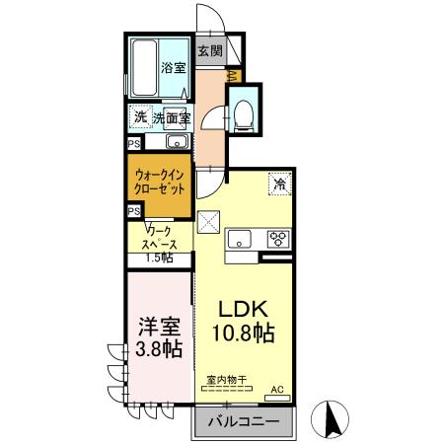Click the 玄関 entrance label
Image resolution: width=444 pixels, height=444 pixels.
210,51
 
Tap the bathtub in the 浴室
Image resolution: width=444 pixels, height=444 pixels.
144,68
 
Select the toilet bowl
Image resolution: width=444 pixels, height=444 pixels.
244,114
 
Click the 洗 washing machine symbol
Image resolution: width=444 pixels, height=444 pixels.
140,117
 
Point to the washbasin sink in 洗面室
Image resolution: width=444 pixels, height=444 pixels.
178,142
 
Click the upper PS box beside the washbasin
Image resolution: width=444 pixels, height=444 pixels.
134,144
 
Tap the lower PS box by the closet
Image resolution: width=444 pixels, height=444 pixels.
134,211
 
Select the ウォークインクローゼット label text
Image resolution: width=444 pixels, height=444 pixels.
160,182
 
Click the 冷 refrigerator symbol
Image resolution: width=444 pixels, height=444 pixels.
280,184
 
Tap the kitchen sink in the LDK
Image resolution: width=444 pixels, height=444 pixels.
240,238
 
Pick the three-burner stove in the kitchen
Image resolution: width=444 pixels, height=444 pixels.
278,239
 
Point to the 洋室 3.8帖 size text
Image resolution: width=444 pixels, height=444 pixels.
159,337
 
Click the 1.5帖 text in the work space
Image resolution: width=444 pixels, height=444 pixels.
159,258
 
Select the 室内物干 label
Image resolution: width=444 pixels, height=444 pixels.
227,380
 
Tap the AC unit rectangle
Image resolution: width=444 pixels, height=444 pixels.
277,398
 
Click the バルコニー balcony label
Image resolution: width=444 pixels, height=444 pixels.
244,421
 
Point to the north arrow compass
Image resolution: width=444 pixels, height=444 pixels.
330,419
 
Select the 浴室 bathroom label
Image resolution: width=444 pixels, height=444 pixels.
174,68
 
